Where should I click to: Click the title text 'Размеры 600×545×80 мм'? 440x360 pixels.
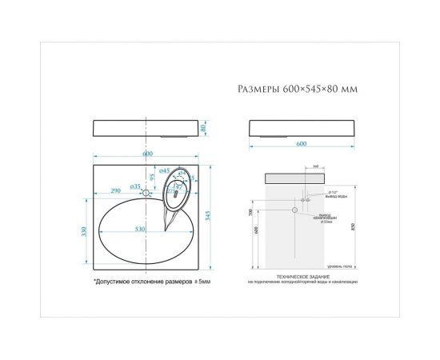[297, 90]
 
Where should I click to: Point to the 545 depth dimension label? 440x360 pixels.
[209, 214]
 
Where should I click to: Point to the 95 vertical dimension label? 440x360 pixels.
[152, 177]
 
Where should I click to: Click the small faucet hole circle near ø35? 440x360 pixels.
[146, 193]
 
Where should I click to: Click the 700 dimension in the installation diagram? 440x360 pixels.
[250, 213]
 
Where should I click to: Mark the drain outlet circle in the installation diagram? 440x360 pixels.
[295, 210]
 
